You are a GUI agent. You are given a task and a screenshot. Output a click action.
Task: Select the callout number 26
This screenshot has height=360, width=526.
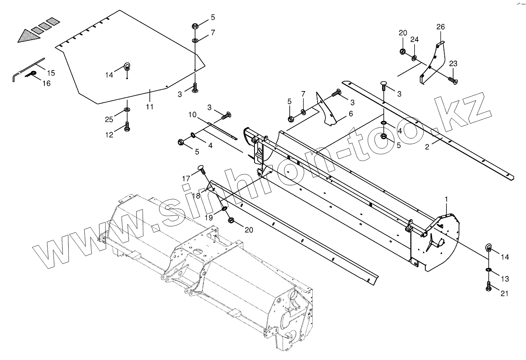[x=440, y=27]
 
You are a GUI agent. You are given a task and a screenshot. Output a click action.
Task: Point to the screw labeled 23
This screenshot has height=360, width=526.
[x=453, y=80]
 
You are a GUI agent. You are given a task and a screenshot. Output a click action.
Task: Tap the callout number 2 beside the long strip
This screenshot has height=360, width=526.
[x=427, y=147]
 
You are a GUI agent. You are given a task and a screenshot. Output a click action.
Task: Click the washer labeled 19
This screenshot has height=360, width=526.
[x=224, y=209]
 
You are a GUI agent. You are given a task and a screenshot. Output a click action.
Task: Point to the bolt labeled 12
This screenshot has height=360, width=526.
[x=127, y=126]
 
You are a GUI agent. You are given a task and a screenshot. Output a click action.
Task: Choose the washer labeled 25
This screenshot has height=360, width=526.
[x=127, y=109]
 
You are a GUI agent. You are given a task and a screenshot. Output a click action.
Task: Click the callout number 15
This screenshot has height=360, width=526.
[x=51, y=73]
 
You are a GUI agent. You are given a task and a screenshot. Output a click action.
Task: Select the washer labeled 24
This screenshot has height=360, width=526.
[x=414, y=59]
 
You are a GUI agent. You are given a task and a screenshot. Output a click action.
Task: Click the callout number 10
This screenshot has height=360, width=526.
[x=192, y=115]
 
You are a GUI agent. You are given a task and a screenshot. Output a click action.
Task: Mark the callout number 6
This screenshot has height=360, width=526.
[x=350, y=114]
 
